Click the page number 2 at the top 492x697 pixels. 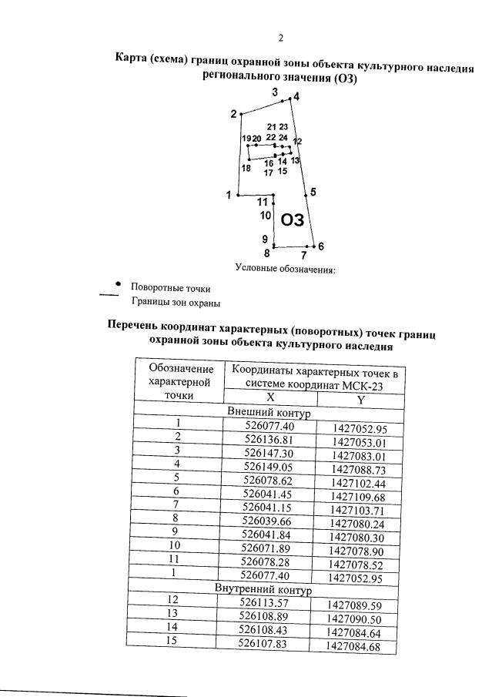click(281, 38)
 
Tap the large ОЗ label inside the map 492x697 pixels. click(293, 220)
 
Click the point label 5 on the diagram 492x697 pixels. click(313, 192)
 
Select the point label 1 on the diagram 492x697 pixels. click(229, 195)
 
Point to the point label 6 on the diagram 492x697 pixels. click(320, 246)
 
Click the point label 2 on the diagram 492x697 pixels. click(233, 115)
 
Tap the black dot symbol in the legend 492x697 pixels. click(117, 282)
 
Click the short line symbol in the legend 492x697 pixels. click(109, 295)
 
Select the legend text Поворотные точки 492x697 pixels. click(170, 288)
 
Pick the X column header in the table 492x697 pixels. click(270, 397)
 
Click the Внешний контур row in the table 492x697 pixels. click(268, 413)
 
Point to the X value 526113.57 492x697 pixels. click(265, 603)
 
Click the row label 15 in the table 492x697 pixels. click(172, 641)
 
